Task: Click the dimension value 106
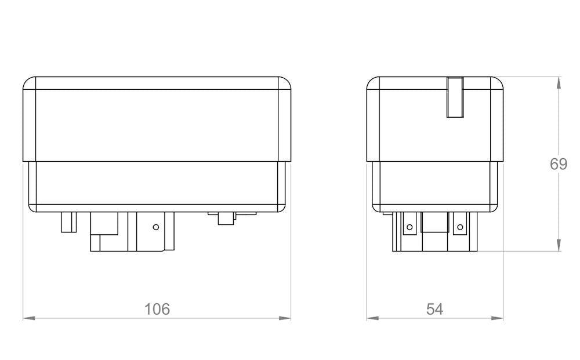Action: click(157, 309)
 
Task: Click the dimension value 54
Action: click(434, 309)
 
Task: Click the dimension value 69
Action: click(559, 164)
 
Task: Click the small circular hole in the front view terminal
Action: click(155, 227)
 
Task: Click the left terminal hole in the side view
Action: click(409, 227)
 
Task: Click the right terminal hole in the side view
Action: click(461, 227)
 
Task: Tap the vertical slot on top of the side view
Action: click(455, 97)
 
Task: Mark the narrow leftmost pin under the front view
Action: click(68, 222)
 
